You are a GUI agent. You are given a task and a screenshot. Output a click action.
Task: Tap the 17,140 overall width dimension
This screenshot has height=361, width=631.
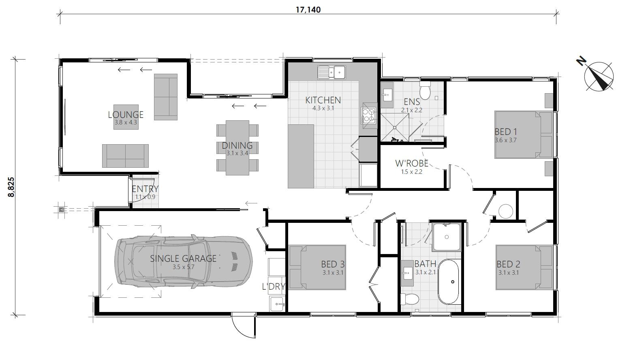click(x=308, y=10)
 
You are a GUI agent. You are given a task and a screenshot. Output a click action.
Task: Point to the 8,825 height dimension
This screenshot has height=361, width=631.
click(x=11, y=187)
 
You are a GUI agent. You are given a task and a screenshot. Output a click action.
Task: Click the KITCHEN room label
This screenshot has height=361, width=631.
click(x=323, y=100)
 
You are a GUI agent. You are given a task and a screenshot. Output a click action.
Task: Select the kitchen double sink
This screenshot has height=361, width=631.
click(x=331, y=73)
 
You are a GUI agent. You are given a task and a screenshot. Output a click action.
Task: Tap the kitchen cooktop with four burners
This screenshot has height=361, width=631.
click(x=368, y=116)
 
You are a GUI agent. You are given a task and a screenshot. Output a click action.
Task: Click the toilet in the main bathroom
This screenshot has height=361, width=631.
click(x=409, y=299)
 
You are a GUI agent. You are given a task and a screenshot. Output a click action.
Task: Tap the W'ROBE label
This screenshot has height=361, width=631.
click(x=412, y=164)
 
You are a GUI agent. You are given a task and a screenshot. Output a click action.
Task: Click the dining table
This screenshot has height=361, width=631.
click(x=237, y=148)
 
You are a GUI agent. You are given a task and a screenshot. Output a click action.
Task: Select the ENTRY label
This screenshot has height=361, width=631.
click(x=145, y=189)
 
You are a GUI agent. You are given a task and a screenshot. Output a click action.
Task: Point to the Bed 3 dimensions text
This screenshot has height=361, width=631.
click(x=333, y=273)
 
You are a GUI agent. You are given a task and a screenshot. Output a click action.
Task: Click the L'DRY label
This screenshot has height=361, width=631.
click(x=274, y=287)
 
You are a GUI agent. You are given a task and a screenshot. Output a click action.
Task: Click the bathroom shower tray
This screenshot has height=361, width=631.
click(x=447, y=237)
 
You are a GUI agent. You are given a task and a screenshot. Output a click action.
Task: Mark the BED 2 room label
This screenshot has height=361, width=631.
click(x=509, y=265)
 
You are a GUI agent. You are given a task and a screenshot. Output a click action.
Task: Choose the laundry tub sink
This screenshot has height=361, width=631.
click(x=277, y=304)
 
